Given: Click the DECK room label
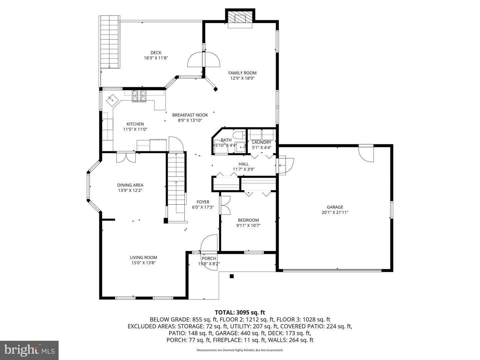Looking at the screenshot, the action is point(156,53).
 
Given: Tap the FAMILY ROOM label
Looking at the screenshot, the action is point(242,73).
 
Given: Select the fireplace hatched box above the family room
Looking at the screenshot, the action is point(240,17).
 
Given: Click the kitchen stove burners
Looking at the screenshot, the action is point(139,96).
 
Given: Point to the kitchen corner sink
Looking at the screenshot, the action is point(112,101).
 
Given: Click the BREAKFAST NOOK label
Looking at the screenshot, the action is point(190,115).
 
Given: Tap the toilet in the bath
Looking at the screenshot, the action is point(239,135).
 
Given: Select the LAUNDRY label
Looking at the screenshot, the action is point(262,142).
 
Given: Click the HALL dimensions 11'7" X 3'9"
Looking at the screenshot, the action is point(244,169).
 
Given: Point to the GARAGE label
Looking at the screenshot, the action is point(335,207).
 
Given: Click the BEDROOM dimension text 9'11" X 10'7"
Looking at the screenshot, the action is point(248,225).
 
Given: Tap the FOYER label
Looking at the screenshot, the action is point(203,202).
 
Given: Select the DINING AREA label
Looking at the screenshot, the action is point(130,185).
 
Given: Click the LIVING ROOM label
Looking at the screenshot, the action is point(143,257).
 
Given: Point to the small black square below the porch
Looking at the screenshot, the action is point(232,276).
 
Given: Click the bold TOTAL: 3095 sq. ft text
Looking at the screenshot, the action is point(240,312).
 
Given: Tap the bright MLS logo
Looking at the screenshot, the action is point(29,350).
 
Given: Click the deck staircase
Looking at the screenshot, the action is point(110,42).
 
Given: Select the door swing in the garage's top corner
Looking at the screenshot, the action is point(366,154).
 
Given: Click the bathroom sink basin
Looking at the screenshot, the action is point(241,147).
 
